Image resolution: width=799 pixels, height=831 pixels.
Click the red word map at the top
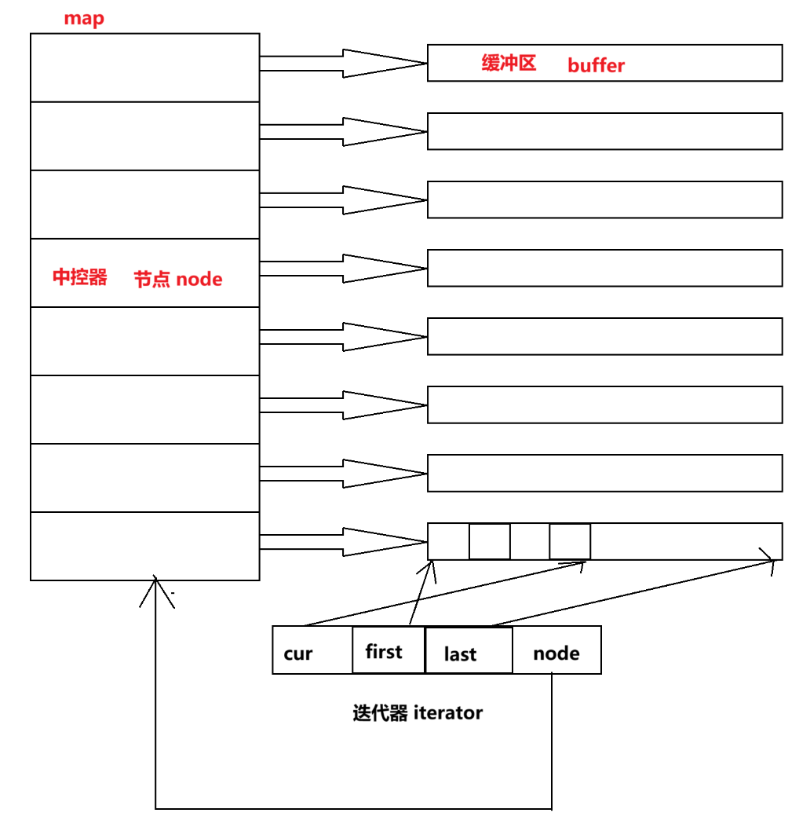click(84, 19)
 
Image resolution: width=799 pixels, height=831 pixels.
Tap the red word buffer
click(597, 65)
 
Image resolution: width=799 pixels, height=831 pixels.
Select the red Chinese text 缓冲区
click(509, 63)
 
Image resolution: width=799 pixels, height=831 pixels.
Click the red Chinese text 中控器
click(80, 277)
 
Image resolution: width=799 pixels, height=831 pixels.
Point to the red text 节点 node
click(178, 279)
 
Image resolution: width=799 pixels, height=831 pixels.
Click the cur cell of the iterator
click(312, 650)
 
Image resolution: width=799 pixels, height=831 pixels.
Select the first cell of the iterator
click(389, 650)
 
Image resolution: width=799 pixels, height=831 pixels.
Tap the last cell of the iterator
click(469, 650)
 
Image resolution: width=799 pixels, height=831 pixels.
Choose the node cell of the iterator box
click(557, 650)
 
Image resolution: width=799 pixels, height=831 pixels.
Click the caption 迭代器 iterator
click(418, 713)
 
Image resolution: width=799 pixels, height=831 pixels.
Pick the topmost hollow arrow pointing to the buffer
click(344, 64)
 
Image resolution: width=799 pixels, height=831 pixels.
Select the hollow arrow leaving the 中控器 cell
click(344, 269)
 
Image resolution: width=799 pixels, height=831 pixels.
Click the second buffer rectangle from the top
click(604, 131)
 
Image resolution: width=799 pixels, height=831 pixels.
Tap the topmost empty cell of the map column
click(145, 68)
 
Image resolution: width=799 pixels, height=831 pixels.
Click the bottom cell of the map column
click(145, 547)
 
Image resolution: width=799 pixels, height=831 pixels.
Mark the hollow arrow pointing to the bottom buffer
click(344, 542)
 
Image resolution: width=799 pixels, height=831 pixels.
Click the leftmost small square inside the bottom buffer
click(490, 542)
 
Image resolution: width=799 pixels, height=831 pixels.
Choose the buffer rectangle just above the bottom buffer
click(604, 474)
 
